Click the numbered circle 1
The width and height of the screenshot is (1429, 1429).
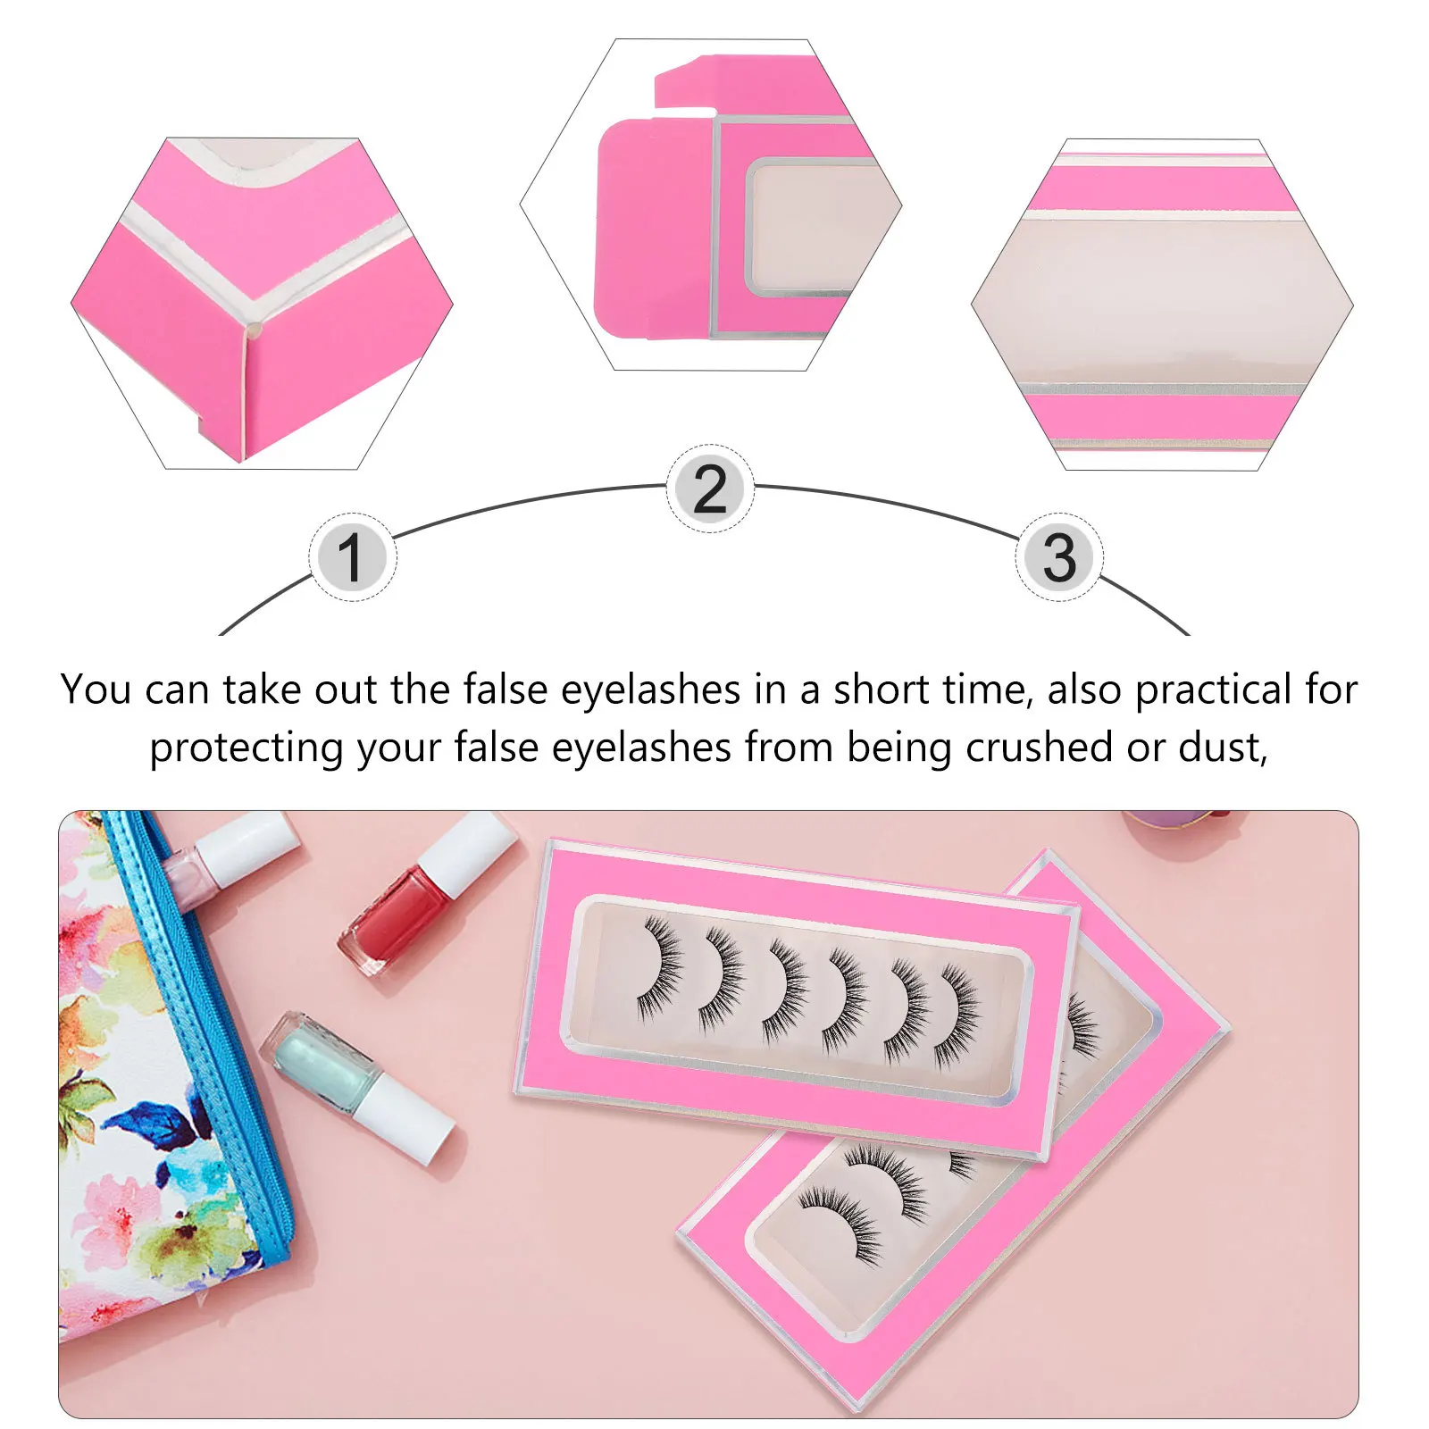coord(352,557)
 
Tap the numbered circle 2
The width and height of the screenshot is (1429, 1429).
coord(710,489)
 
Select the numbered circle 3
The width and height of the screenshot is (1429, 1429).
coord(1059,557)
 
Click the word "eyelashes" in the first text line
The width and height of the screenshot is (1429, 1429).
coord(650,689)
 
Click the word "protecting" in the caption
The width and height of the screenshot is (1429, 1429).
coord(246,748)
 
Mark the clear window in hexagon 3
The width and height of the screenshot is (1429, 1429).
coord(1161,304)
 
